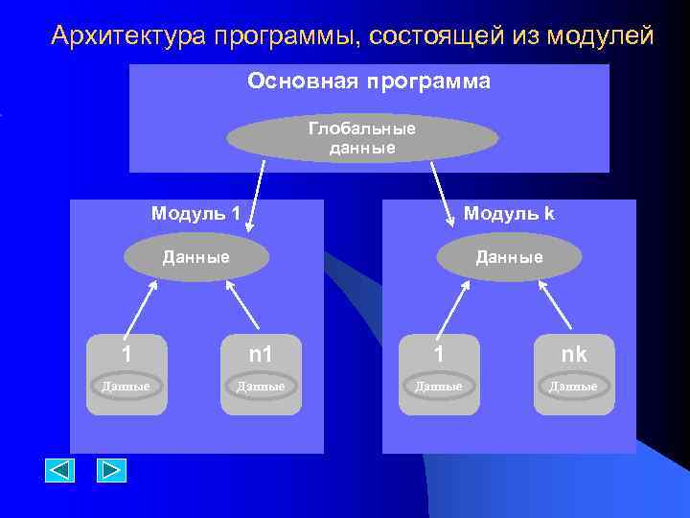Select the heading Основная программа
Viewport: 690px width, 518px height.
coord(369,82)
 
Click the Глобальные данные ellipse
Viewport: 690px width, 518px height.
coord(362,139)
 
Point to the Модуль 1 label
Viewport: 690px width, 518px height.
coord(195,213)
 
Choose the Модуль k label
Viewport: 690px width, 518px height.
coord(509,213)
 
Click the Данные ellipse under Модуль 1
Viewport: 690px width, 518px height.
coord(196,257)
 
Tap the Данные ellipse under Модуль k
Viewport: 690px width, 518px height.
coord(509,257)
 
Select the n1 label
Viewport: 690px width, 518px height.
coord(261,355)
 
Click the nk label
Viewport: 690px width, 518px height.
coord(573,355)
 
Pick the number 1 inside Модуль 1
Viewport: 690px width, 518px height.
coord(126,355)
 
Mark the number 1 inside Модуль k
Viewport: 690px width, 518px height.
coord(439,355)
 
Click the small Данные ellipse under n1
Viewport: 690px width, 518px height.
coord(261,386)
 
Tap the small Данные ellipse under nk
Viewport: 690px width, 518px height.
coord(573,386)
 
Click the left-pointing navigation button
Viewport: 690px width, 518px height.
coord(60,470)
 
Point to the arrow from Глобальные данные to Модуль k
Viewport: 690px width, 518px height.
coord(444,194)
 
